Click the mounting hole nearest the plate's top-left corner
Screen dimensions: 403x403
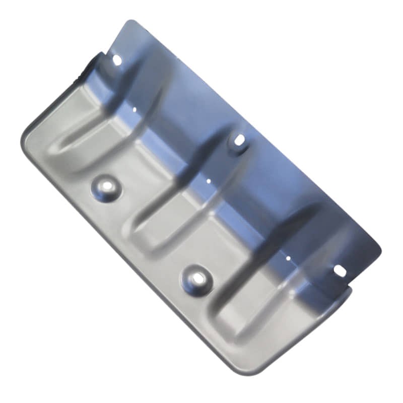(x=116, y=60)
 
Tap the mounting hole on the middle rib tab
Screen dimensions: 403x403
(x=238, y=140)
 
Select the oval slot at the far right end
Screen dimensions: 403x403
(x=340, y=271)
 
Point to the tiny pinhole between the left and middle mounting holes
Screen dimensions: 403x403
(x=135, y=108)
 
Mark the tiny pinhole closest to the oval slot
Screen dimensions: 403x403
(x=288, y=258)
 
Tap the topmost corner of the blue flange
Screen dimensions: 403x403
(x=130, y=21)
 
